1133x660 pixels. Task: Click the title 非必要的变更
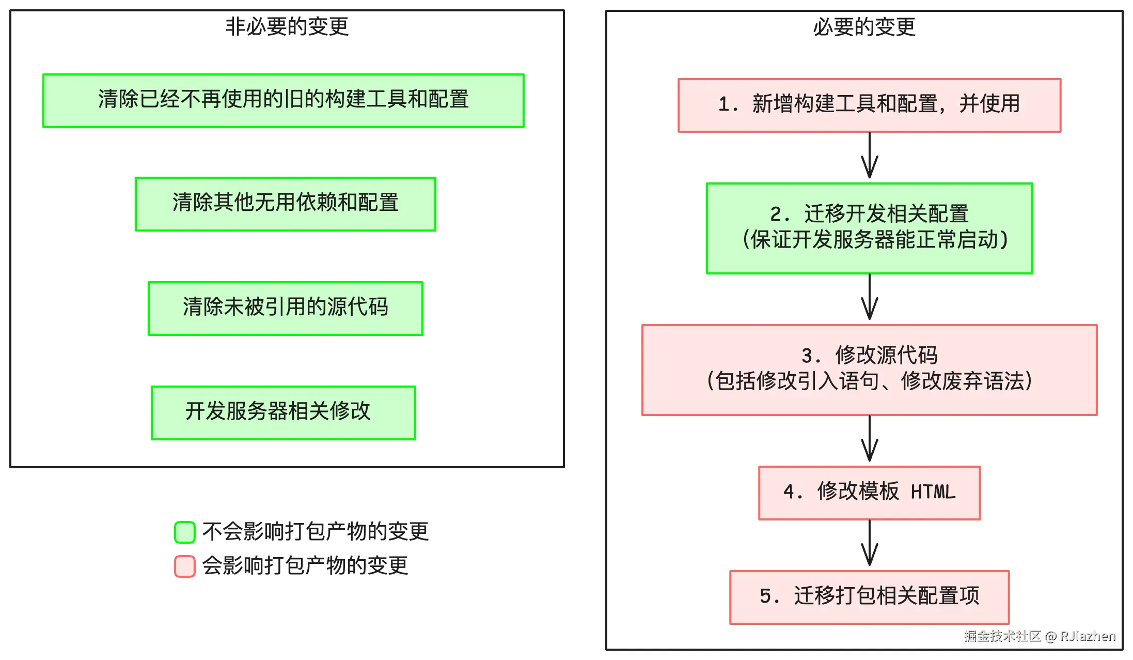click(x=287, y=26)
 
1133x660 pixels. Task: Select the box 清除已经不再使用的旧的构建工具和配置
click(x=283, y=101)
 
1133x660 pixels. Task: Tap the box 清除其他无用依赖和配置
click(x=285, y=204)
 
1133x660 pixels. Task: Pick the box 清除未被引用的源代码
click(x=285, y=309)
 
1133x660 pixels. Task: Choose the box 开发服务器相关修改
click(x=283, y=413)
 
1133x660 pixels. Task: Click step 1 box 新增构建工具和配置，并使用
click(x=869, y=105)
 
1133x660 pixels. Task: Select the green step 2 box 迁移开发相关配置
click(x=869, y=228)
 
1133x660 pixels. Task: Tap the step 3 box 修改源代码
click(x=869, y=370)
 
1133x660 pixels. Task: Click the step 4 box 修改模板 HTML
click(x=869, y=493)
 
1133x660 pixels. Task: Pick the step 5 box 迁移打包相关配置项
click(x=869, y=597)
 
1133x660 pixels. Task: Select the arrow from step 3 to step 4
click(x=870, y=440)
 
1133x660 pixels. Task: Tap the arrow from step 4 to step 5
click(x=870, y=544)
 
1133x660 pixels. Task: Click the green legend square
click(x=185, y=532)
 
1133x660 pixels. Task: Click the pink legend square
click(x=185, y=566)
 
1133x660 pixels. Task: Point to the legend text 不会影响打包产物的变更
click(x=316, y=532)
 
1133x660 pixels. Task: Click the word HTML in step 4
click(x=933, y=492)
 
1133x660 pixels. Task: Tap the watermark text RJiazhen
click(x=1088, y=636)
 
